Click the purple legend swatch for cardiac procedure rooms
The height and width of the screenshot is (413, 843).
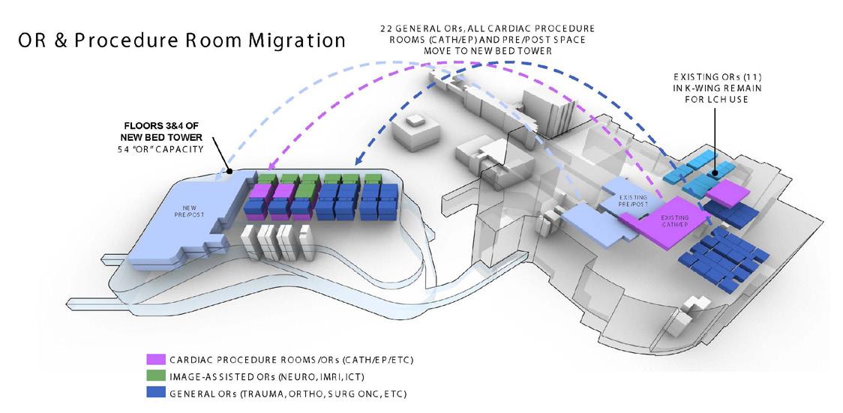pyautogui.click(x=155, y=361)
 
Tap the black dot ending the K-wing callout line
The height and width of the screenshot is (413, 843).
pyautogui.click(x=715, y=173)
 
